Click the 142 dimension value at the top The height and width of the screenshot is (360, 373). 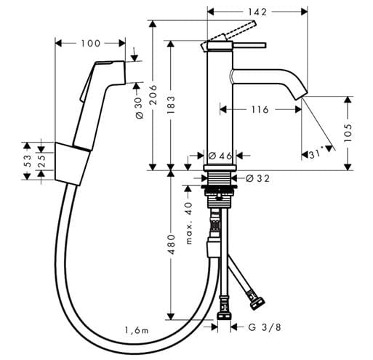point(257,12)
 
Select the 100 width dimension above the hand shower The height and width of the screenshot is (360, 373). point(90,44)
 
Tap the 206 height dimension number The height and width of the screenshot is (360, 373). point(153,95)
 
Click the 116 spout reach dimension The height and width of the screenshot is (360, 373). point(260,110)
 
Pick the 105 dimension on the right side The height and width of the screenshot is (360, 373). point(348,133)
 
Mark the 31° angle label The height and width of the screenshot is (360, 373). point(317,154)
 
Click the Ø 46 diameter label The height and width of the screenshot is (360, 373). point(220,156)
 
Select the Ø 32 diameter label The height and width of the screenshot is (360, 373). point(257,179)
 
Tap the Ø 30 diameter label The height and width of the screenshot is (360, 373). point(140,108)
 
